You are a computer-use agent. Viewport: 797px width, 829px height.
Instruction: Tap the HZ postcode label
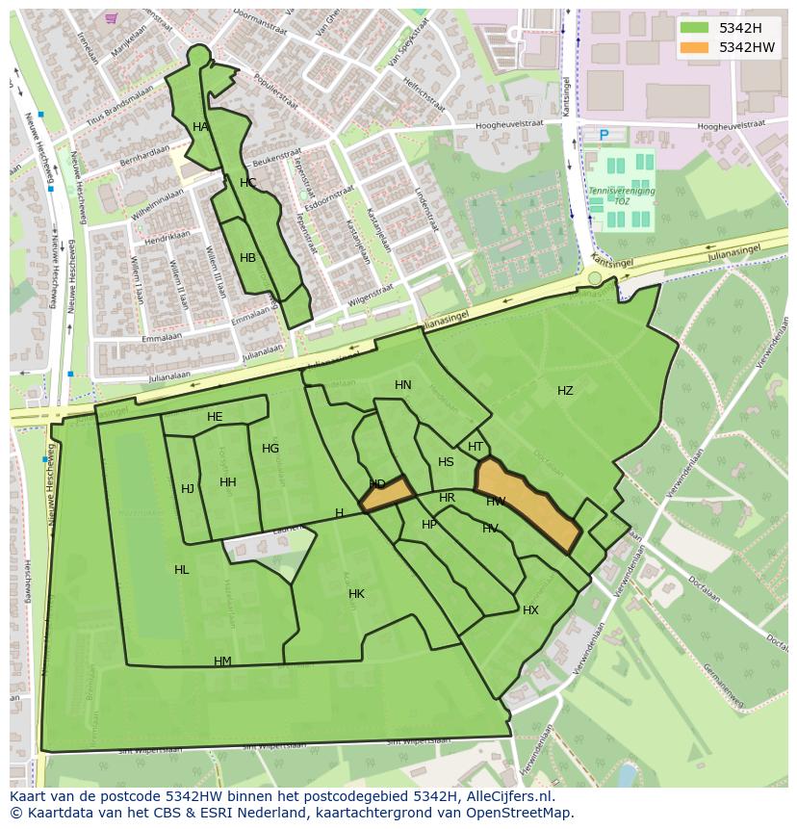tap(565, 391)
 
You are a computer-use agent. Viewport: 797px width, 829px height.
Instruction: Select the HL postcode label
tap(182, 570)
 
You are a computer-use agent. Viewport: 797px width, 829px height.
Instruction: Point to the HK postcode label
tap(356, 594)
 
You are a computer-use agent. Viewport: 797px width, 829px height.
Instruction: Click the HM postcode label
tap(222, 661)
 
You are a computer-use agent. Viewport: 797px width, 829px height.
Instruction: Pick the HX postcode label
tap(530, 610)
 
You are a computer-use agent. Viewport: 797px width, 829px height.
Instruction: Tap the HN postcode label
tap(403, 385)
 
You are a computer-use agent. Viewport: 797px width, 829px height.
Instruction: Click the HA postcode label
tap(200, 127)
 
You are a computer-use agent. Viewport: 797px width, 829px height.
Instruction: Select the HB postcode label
tap(247, 258)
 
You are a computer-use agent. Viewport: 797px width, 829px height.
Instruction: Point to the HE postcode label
tap(215, 417)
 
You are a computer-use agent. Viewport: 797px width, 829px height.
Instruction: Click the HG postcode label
tap(270, 449)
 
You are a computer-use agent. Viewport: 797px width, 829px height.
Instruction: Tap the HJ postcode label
tap(188, 489)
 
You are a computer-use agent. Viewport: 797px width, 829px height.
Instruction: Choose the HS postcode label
tap(446, 462)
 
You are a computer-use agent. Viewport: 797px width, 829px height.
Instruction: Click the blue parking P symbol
tap(604, 135)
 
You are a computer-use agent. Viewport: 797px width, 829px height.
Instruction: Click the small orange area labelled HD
tap(387, 494)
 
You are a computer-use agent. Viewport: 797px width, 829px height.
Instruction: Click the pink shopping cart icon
tap(112, 17)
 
